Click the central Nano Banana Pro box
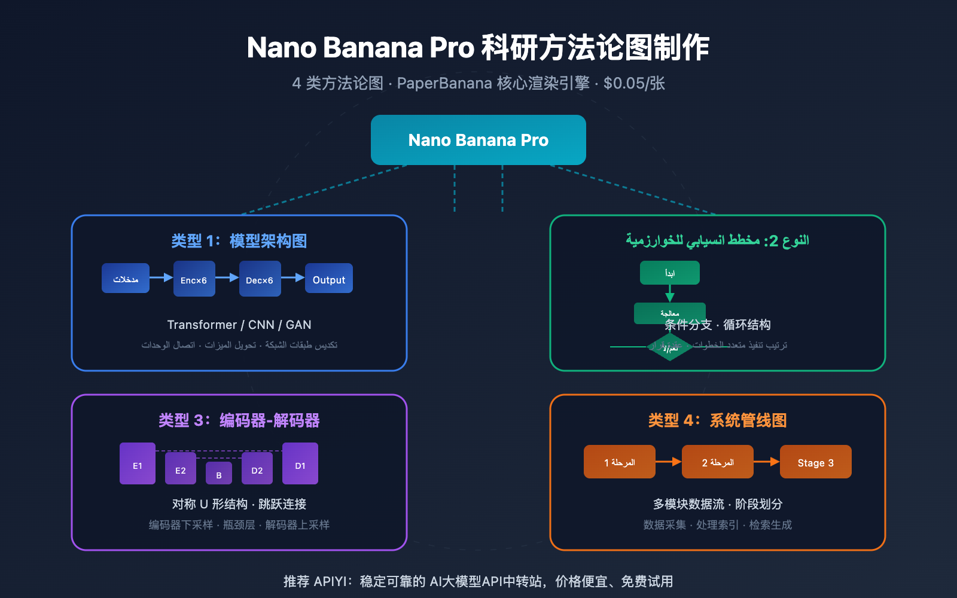pos(478,140)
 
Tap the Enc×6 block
pos(194,279)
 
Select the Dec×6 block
pos(260,279)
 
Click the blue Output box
pos(328,279)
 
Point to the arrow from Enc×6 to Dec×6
pos(227,277)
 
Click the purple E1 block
pos(138,463)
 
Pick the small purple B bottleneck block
pos(219,474)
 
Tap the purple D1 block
pos(300,463)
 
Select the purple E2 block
pos(180,468)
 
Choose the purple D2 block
pos(257,468)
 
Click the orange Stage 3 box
pos(815,462)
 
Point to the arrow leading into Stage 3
pos(766,462)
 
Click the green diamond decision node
pos(670,347)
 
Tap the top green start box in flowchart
pos(669,273)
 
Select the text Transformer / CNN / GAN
pos(239,325)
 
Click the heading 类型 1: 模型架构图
pos(239,241)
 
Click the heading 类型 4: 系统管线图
pos(717,420)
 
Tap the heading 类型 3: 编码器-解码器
pos(239,420)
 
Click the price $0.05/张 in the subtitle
pos(634,83)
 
